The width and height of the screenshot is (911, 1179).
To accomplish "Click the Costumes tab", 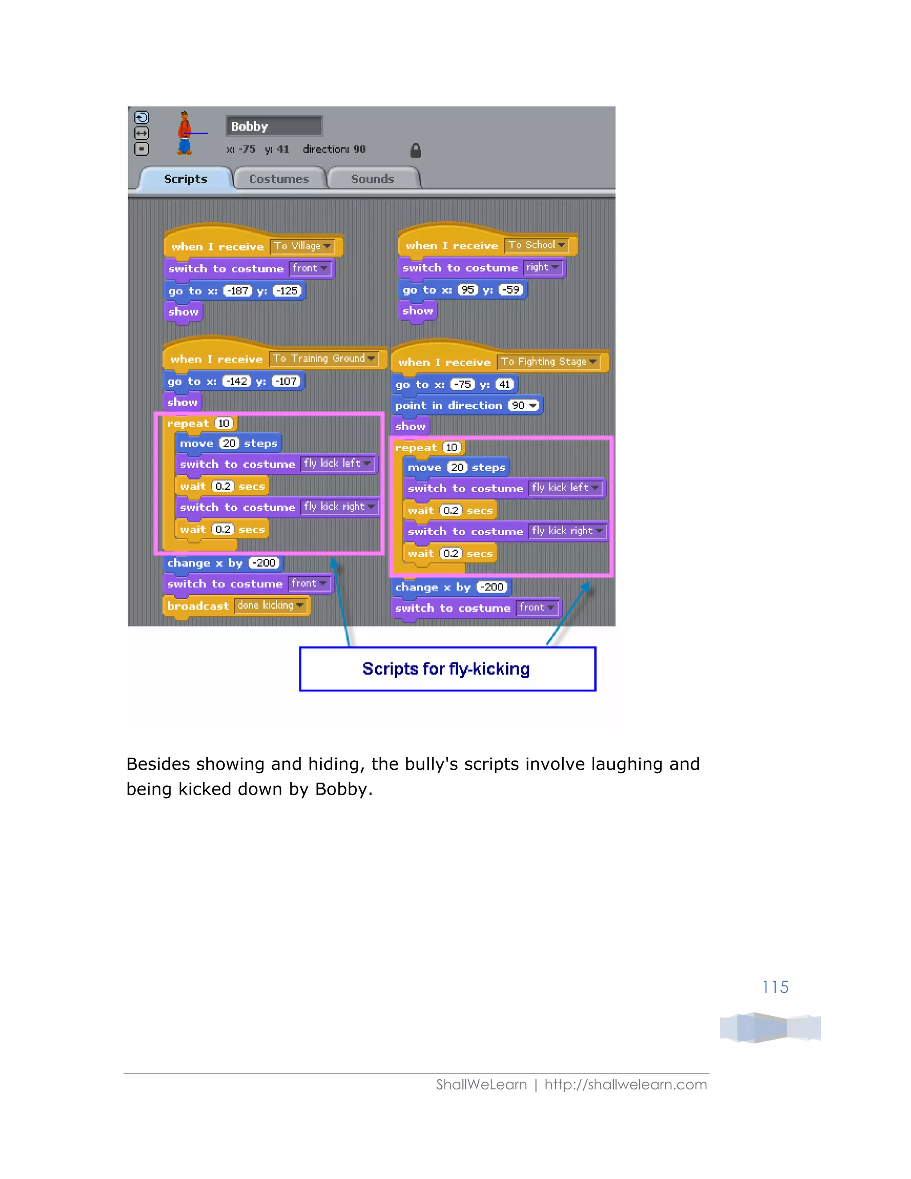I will pos(279,179).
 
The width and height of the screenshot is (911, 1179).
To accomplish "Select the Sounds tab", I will pos(372,179).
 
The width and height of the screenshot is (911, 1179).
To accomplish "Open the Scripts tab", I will pos(185,179).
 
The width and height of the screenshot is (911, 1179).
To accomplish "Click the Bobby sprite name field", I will pos(274,126).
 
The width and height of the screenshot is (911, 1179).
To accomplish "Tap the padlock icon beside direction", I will pos(415,151).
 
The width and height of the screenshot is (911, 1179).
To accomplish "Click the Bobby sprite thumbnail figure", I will pos(185,133).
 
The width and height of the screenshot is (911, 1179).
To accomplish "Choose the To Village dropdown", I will pos(302,246).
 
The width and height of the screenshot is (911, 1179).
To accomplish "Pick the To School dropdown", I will pos(537,245).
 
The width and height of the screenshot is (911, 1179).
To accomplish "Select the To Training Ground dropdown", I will pos(324,359).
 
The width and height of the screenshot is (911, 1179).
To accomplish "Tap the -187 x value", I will pos(238,291).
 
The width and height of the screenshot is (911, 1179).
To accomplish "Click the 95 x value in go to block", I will pos(468,290).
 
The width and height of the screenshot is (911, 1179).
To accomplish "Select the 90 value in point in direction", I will pos(524,405).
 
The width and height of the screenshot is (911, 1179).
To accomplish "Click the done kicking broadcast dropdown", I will pos(270,606).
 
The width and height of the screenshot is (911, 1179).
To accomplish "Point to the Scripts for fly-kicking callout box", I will pos(447,669).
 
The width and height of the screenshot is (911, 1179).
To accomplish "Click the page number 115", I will pos(775,987).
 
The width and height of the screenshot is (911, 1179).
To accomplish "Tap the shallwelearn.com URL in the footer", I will pos(625,1085).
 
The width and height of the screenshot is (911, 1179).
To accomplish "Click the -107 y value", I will pos(286,382).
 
